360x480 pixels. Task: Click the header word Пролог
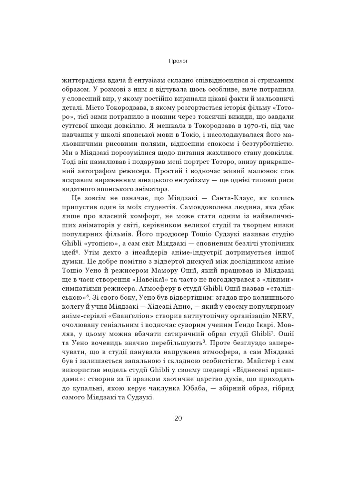pos(178,61)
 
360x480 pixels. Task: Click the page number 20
pos(178,418)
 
